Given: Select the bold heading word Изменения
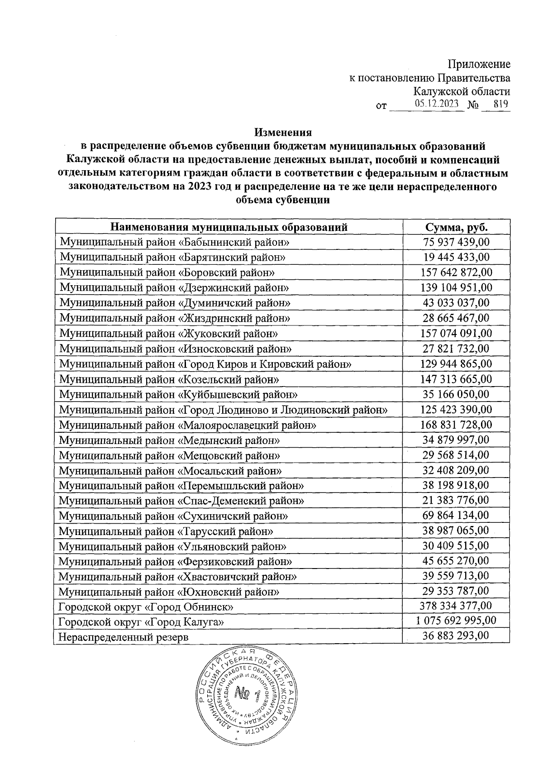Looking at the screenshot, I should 283,133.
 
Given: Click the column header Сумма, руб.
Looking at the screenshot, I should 456,227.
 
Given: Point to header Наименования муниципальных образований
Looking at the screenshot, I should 229,227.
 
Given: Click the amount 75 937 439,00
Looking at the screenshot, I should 456,242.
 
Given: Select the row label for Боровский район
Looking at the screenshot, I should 167,272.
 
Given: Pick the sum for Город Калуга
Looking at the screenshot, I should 456,621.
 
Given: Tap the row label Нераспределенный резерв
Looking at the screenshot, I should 124,636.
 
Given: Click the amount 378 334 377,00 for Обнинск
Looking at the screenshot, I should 456,606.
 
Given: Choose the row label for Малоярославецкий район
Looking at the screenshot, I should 187,425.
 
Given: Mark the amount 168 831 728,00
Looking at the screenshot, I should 456,425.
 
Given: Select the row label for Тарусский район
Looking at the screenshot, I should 166,531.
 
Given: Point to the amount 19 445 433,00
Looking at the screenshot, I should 456,257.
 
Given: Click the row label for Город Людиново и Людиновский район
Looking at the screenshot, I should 223,410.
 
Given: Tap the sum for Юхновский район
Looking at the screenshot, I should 456,591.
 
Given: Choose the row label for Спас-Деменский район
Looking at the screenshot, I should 181,501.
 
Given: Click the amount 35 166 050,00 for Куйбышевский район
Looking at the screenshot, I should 456,394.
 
